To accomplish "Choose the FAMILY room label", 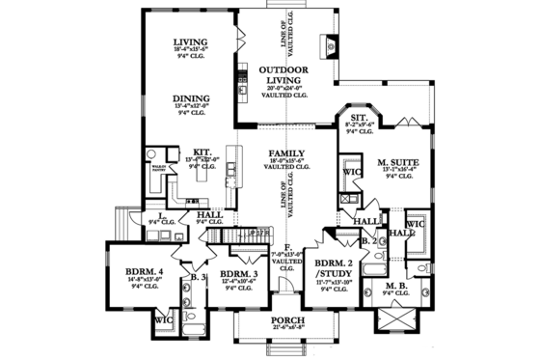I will pyautogui.click(x=287, y=154).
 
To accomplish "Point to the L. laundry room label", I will pyautogui.click(x=153, y=216).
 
